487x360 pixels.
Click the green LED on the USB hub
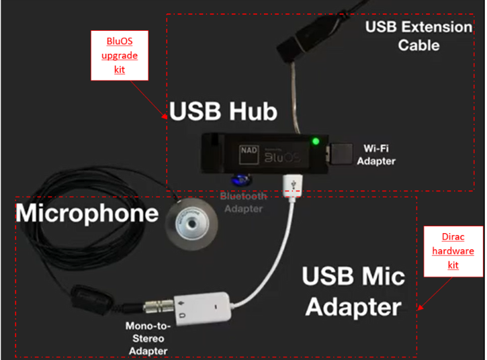point(316,142)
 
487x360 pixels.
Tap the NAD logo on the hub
point(249,154)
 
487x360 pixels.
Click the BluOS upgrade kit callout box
point(120,56)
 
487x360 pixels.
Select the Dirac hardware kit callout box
point(453,251)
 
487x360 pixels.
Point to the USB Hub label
point(223,111)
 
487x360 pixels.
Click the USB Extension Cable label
point(418,36)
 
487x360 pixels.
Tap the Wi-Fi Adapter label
point(376,154)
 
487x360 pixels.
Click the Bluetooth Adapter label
point(243,202)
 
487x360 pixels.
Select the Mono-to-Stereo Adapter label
point(148,339)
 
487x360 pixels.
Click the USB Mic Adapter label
point(353,291)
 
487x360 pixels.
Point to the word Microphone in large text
point(87,213)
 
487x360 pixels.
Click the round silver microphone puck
point(191,224)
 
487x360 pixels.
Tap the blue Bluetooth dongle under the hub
point(241,179)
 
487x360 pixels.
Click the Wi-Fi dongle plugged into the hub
point(341,153)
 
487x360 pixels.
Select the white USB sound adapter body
point(202,309)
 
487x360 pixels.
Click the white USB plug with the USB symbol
point(292,186)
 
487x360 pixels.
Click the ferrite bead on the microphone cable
point(91,299)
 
